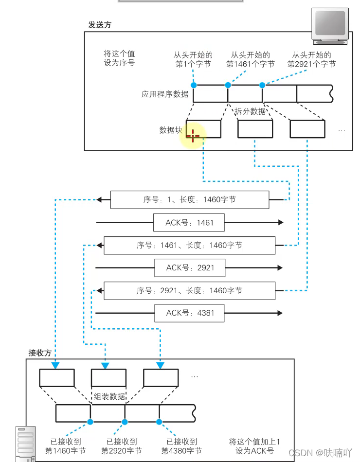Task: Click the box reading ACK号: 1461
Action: (x=189, y=223)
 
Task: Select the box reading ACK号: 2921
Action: (x=190, y=268)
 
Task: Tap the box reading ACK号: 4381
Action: (x=190, y=313)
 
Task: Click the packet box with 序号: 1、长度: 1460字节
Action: (x=189, y=200)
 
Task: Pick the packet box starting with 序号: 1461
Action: (x=189, y=246)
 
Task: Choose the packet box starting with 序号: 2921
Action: (x=189, y=291)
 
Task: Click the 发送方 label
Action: (x=100, y=25)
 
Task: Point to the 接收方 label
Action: (x=40, y=353)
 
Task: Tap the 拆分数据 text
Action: (x=250, y=111)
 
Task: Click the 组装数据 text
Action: (x=109, y=396)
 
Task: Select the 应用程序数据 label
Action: (x=165, y=94)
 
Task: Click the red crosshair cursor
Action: (x=193, y=136)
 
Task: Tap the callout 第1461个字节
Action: (x=251, y=64)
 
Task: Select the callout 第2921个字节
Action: (x=311, y=64)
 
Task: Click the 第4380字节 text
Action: (x=181, y=451)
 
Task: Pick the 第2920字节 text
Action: (x=122, y=451)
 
